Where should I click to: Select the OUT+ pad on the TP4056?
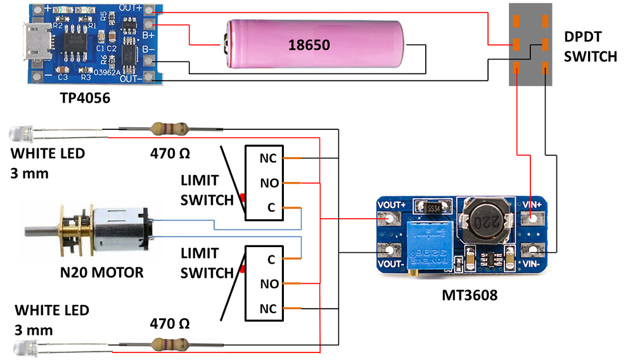(x=150, y=10)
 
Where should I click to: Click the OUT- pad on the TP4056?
(x=150, y=77)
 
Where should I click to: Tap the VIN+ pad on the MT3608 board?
(x=531, y=219)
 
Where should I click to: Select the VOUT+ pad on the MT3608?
(x=388, y=220)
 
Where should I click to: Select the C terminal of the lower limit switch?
(x=271, y=259)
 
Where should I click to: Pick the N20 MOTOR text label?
(x=102, y=273)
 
